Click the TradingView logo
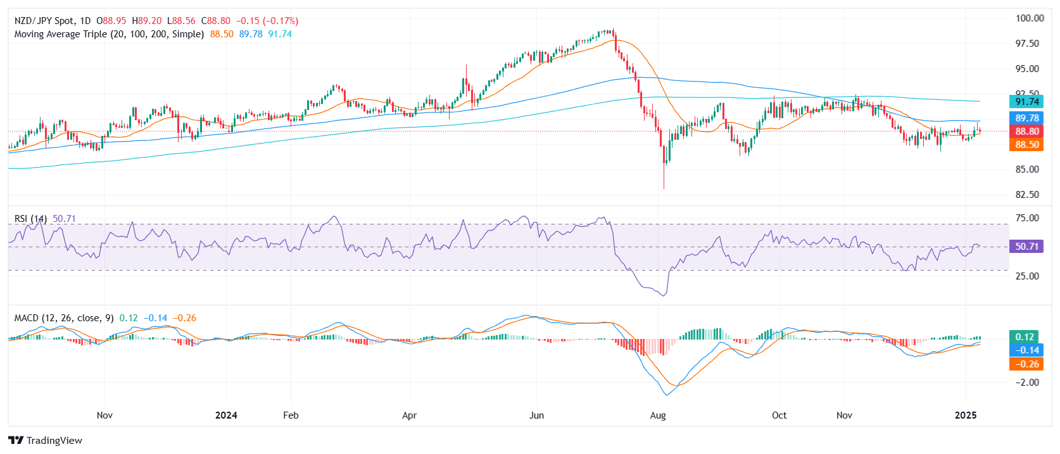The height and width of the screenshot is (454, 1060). (45, 440)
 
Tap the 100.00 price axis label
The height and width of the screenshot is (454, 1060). (1030, 18)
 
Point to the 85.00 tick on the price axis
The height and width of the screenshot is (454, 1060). (1027, 169)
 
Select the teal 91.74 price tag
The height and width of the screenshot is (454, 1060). (1026, 102)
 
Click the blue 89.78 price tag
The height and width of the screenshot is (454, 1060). (1026, 118)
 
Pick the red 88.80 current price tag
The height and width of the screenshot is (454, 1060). (1026, 132)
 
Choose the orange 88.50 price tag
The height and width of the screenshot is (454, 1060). (1026, 145)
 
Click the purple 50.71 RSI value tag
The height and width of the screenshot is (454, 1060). (1026, 247)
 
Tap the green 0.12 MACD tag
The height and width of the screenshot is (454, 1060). (1024, 337)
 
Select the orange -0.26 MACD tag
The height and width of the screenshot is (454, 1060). (1025, 364)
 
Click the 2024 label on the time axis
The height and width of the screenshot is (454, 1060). (226, 415)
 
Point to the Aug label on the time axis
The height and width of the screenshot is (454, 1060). (658, 415)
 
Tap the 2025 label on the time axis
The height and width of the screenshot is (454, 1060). (965, 415)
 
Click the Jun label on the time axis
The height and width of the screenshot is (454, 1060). (536, 415)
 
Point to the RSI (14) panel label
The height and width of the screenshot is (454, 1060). (30, 219)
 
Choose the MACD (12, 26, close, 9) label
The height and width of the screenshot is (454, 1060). (64, 318)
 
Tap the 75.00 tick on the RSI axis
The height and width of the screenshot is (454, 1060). (1027, 218)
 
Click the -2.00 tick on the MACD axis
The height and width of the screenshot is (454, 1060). (1027, 383)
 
